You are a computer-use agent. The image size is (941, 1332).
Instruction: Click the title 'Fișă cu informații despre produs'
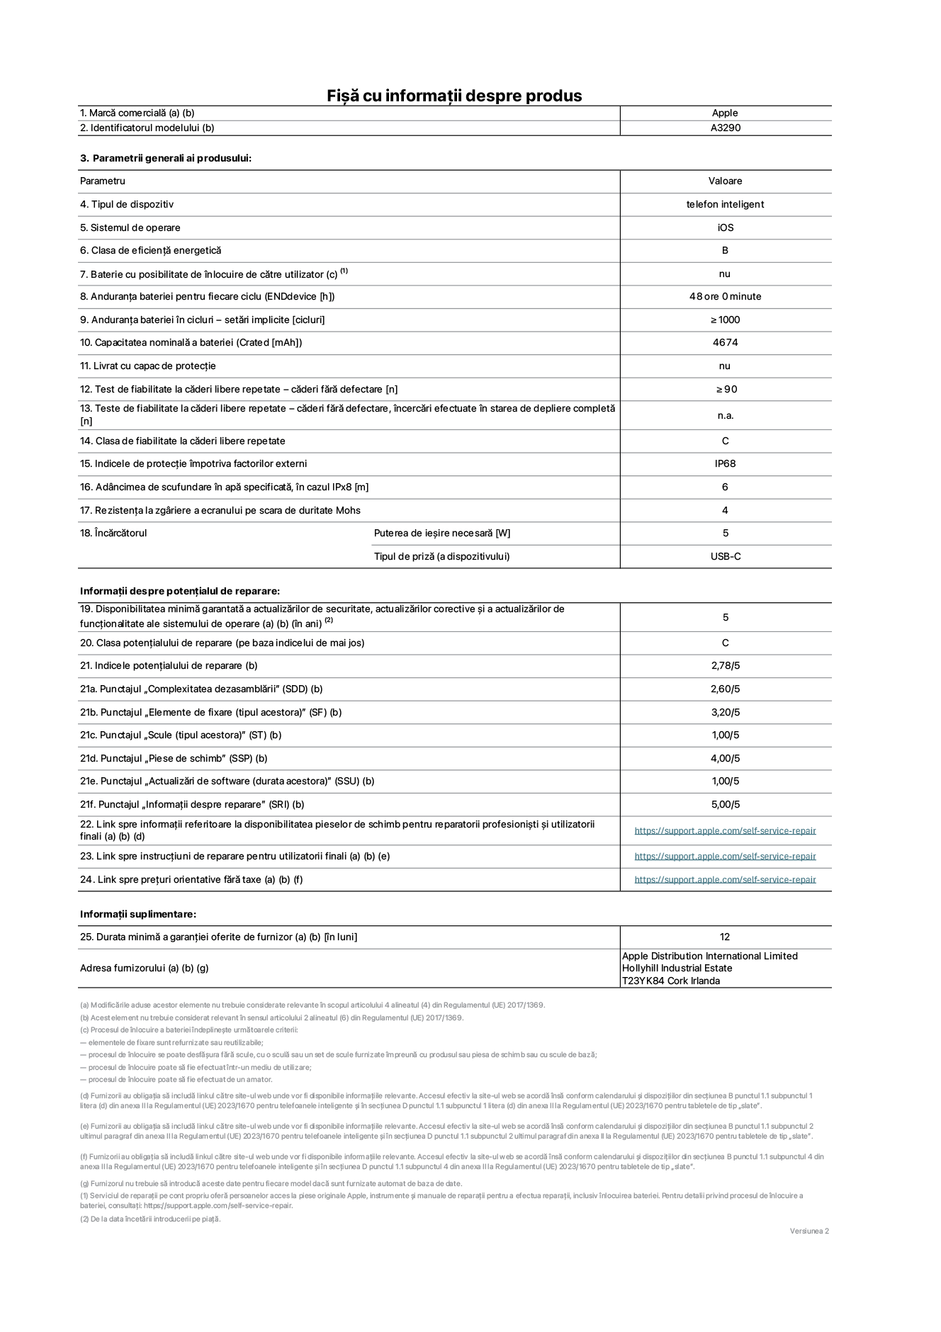[454, 96]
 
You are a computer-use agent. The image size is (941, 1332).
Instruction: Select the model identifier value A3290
[726, 128]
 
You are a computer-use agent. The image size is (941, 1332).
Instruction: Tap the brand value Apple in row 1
[725, 113]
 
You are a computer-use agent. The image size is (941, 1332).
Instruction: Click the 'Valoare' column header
[725, 181]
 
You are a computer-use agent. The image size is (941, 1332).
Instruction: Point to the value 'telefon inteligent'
[725, 205]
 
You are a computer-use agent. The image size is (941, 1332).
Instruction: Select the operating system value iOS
[725, 228]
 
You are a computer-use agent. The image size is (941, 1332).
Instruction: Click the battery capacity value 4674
[725, 343]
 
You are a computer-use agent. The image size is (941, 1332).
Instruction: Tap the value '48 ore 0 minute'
[725, 297]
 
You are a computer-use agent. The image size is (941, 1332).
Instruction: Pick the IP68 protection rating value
[725, 464]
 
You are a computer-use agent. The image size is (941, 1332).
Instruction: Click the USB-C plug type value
[726, 557]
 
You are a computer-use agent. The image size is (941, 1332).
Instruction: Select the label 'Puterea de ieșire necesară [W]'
[442, 534]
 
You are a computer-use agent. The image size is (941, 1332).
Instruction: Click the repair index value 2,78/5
[725, 666]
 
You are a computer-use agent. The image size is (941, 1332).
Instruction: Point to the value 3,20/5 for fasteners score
[725, 713]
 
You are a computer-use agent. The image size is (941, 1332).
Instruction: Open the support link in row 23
[725, 857]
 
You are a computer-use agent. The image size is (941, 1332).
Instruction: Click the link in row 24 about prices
[725, 880]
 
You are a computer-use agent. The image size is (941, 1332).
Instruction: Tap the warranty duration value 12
[724, 937]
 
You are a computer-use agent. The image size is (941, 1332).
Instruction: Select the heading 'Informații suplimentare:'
[138, 915]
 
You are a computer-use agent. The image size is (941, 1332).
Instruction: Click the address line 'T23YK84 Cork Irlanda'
[670, 981]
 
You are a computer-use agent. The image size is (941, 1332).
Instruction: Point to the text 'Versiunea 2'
[809, 1231]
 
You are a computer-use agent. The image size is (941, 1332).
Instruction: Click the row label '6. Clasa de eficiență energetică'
[151, 251]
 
